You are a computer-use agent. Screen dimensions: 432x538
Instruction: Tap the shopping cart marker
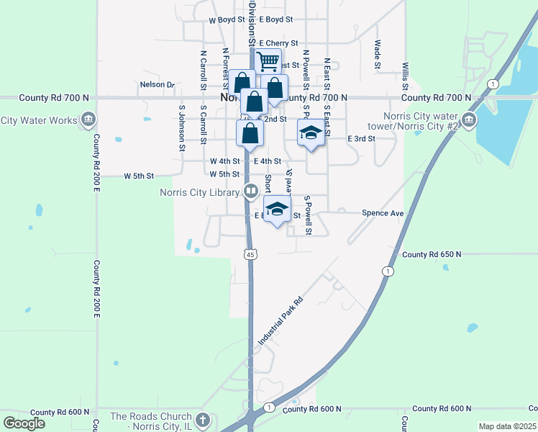[268, 62]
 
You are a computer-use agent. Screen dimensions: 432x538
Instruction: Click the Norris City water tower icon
[469, 120]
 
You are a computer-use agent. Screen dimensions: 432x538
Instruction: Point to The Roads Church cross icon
[204, 420]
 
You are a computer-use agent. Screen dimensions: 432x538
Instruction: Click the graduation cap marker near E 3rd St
[311, 132]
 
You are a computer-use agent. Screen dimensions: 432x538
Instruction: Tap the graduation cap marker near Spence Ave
[277, 210]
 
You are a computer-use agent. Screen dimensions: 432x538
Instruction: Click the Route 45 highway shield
[250, 254]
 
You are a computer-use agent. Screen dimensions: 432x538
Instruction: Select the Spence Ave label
[383, 213]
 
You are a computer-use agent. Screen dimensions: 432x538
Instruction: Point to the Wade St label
[377, 55]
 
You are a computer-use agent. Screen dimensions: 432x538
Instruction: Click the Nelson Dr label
[158, 84]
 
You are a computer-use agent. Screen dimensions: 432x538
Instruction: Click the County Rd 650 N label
[432, 254]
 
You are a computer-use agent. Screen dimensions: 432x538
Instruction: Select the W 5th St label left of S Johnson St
[140, 175]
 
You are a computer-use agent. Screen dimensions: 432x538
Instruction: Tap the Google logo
[24, 423]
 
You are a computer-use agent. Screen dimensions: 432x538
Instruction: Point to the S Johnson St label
[181, 128]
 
